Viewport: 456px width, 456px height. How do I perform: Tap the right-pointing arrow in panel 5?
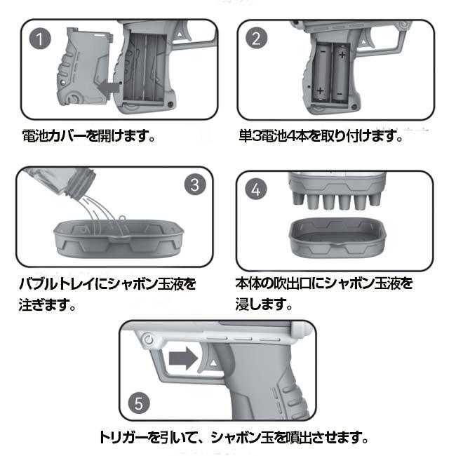click(x=185, y=358)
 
